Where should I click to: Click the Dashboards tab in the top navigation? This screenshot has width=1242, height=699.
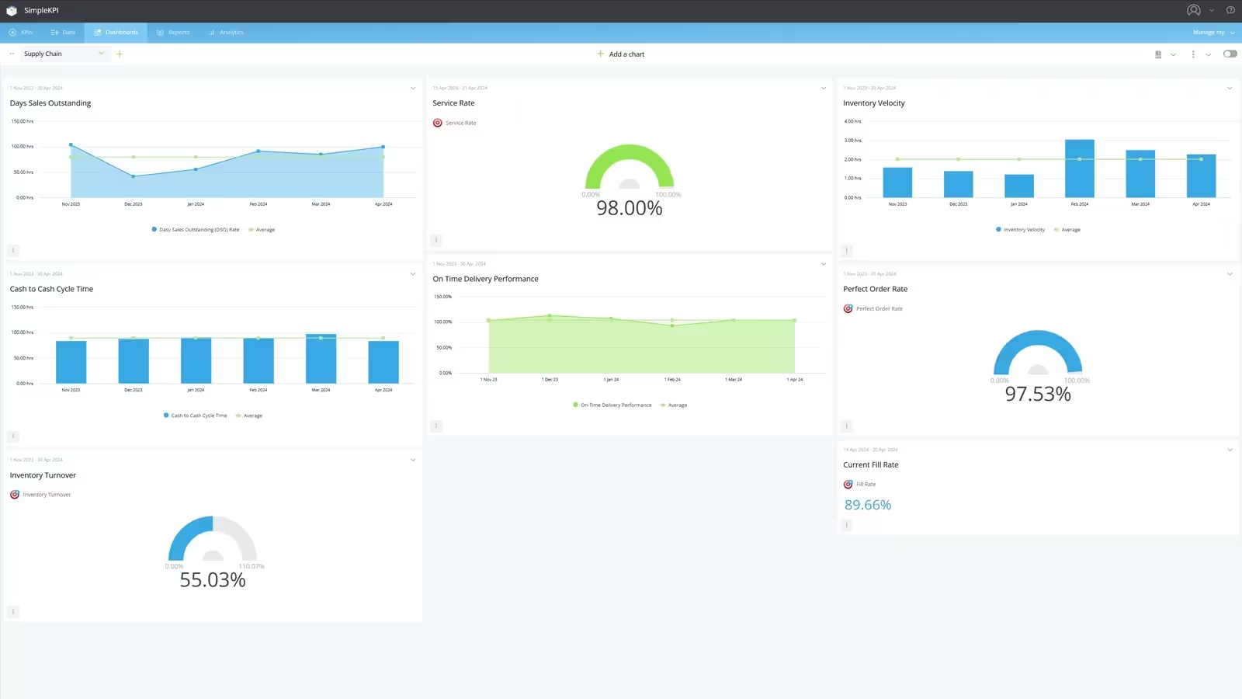[x=116, y=33]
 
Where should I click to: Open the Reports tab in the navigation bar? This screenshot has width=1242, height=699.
[x=174, y=33]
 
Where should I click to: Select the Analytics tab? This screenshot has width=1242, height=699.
[x=227, y=33]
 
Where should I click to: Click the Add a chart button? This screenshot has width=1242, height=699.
[x=621, y=54]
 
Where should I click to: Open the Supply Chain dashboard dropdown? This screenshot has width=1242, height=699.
[x=64, y=54]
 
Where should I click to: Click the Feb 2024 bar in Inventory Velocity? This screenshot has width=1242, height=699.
[x=1079, y=169]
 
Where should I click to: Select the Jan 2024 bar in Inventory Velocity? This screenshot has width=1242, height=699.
[x=1018, y=186]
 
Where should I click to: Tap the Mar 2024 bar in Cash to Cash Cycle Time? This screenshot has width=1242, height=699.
[x=321, y=359]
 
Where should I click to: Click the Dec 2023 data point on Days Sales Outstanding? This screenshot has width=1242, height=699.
[x=134, y=176]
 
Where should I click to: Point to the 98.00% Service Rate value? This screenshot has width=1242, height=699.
[x=629, y=208]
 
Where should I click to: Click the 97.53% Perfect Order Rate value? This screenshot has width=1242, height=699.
[x=1037, y=395]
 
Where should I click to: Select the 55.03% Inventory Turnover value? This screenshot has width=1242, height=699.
[x=213, y=580]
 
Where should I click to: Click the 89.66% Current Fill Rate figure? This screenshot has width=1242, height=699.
[x=867, y=505]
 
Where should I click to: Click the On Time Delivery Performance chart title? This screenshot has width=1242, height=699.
[x=485, y=279]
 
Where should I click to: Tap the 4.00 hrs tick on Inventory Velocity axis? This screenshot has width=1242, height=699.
[x=852, y=121]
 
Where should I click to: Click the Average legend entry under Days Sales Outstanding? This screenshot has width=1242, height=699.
[x=265, y=230]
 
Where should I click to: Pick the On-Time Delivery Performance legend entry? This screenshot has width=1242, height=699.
[x=616, y=405]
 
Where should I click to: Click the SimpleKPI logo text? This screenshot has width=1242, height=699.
[x=41, y=11]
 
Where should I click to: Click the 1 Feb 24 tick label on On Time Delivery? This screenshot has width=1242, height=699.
[x=672, y=380]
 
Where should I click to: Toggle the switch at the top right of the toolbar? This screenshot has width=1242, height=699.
[x=1230, y=54]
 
